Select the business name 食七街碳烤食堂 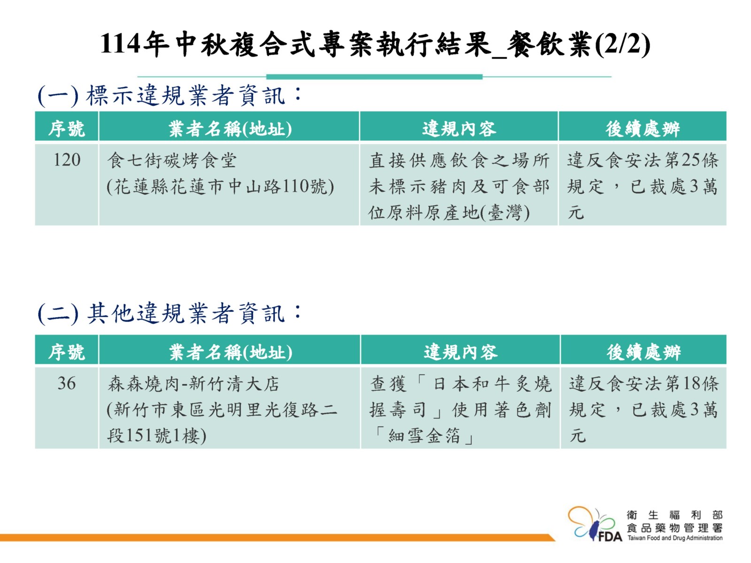click(172, 160)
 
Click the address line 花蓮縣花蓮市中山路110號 click(220, 187)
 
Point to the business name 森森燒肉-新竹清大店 click(193, 383)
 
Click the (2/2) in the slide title click(622, 45)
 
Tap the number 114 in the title click(120, 44)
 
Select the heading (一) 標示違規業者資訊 click(170, 95)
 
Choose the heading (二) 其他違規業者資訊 click(170, 313)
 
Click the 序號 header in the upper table click(66, 129)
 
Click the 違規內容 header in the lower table click(460, 352)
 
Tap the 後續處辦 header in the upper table click(643, 129)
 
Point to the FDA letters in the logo click(610, 536)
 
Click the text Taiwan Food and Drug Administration click(674, 538)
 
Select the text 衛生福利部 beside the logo click(674, 515)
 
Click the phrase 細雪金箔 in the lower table click(424, 436)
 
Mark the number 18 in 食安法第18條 click(692, 383)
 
